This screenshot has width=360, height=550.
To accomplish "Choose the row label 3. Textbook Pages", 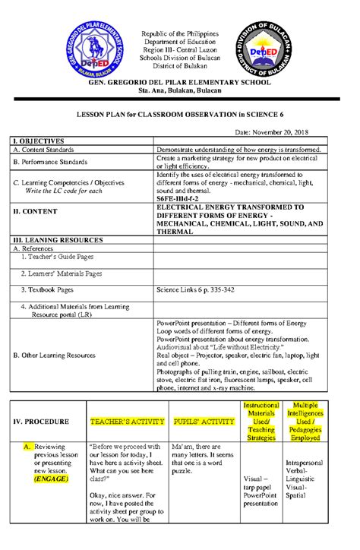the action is click(x=47, y=289).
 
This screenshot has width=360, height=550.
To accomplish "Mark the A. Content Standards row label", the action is click(x=48, y=150).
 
